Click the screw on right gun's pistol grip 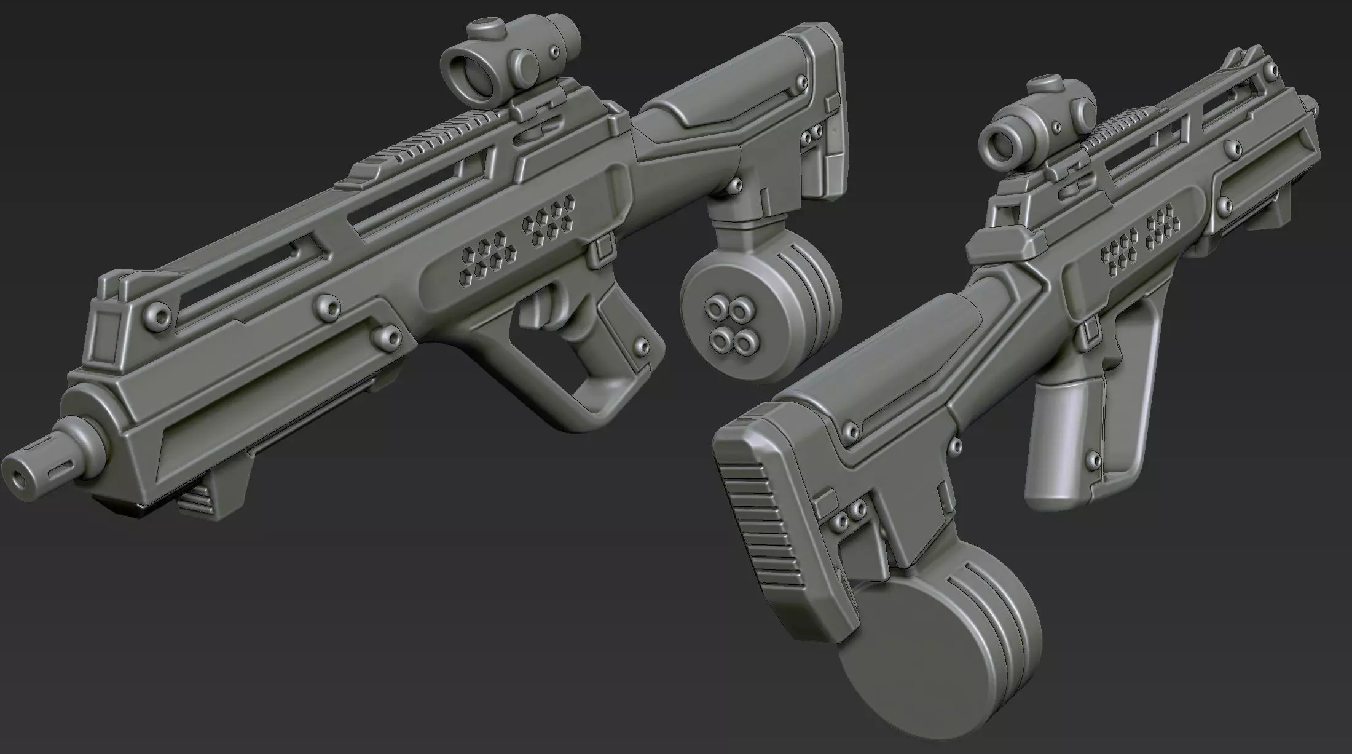tap(1092, 458)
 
